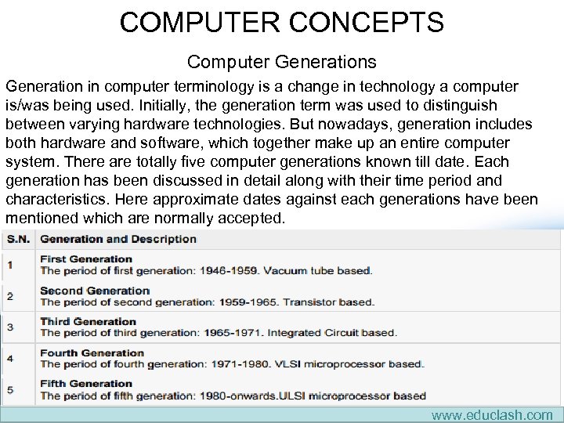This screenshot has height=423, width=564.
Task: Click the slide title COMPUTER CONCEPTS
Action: pos(282,21)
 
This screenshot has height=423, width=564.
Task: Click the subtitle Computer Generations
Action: pos(282,61)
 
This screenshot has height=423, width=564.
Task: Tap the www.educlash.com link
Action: pos(492,415)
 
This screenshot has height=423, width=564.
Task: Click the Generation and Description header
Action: pos(118,239)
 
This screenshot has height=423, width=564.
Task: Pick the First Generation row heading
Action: pos(86,259)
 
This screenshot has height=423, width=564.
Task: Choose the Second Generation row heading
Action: pos(95,291)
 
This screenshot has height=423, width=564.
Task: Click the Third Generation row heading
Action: pos(88,321)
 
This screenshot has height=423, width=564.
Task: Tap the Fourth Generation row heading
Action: pos(92,352)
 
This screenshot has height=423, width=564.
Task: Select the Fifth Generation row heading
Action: pos(86,384)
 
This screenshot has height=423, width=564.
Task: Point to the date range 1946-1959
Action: pos(229,271)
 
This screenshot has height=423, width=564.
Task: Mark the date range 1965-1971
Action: pos(233,333)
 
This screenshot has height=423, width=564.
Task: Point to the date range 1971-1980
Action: pos(238,364)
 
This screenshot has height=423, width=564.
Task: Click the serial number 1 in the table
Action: pos(9,265)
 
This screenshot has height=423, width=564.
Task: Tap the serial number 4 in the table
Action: pos(9,358)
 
